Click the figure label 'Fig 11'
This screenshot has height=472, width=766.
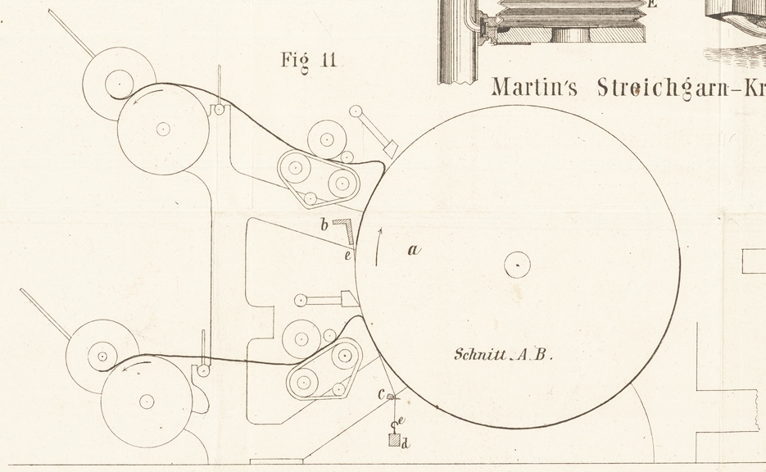point(308,61)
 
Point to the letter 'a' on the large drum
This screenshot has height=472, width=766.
point(414,251)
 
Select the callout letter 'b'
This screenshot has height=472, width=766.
point(324,224)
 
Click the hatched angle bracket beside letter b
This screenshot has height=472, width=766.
point(345,231)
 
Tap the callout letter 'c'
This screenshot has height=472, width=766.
point(381,395)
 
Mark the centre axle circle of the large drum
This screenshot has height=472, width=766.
point(517,265)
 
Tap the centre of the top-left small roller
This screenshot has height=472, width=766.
point(119,83)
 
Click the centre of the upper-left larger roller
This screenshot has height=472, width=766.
point(162,129)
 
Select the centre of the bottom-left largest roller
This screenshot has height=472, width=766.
point(147,401)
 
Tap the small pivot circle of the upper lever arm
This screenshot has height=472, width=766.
point(356,111)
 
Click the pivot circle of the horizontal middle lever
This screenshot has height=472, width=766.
point(300,300)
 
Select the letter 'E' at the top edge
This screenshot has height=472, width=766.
point(652,4)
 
